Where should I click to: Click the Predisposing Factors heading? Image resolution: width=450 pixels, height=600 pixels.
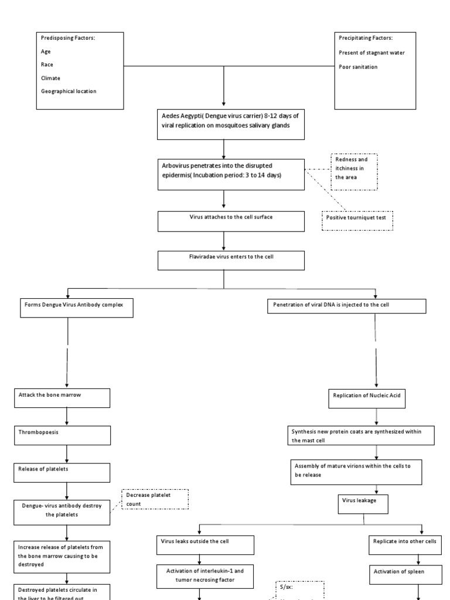click(68, 38)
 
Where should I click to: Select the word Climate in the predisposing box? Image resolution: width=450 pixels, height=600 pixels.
click(50, 78)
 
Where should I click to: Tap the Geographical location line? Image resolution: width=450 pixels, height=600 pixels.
click(69, 91)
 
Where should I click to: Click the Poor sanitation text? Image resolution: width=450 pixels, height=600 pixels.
click(358, 67)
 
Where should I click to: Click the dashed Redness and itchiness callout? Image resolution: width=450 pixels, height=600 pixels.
click(354, 172)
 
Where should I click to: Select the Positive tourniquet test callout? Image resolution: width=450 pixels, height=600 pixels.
click(357, 220)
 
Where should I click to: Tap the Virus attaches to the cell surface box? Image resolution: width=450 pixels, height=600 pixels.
click(231, 221)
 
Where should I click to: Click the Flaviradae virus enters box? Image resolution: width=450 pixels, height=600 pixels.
click(231, 261)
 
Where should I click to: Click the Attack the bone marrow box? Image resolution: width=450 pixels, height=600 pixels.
click(62, 398)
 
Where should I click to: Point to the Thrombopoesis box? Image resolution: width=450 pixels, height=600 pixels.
click(62, 435)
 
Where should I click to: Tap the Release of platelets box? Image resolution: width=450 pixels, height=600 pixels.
click(62, 472)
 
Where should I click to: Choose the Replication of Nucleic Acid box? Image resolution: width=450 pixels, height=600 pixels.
click(376, 400)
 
